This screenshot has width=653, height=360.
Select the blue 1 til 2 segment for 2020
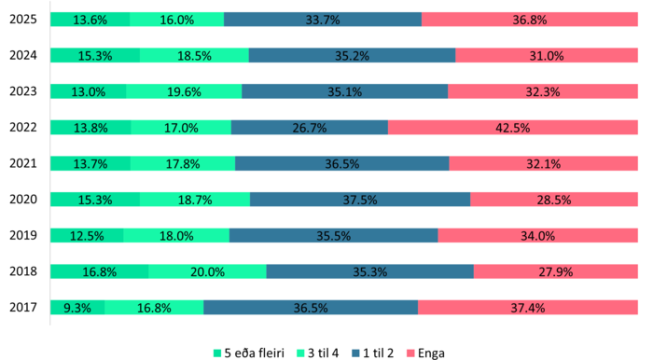[360, 200]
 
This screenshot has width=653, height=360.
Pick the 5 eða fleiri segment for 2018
[99, 271]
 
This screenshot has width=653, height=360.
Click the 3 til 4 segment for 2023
[184, 91]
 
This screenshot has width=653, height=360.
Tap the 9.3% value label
[76, 308]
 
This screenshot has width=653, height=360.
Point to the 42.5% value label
[513, 128]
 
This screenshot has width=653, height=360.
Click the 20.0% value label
[207, 272]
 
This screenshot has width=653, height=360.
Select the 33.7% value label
[323, 20]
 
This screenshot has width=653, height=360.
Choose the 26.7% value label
[309, 128]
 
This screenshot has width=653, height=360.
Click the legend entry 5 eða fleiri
[249, 352]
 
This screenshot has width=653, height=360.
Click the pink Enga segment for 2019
[538, 235]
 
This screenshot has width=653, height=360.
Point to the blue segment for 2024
[352, 55]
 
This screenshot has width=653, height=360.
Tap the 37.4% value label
[528, 308]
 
